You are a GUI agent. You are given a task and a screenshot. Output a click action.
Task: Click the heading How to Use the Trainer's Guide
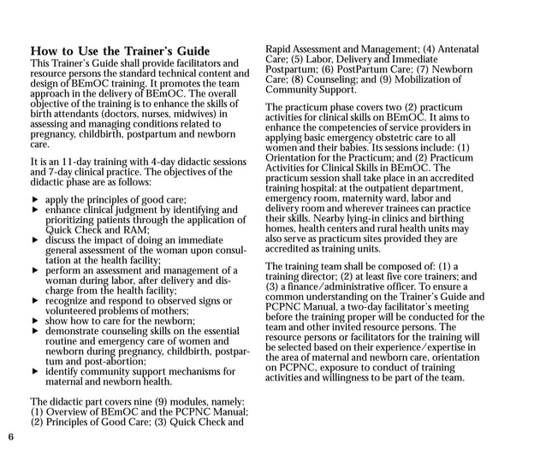[119, 51]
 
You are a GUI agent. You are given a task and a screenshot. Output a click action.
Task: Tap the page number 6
[10, 437]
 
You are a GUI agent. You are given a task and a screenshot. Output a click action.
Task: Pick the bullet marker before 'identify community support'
[35, 372]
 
